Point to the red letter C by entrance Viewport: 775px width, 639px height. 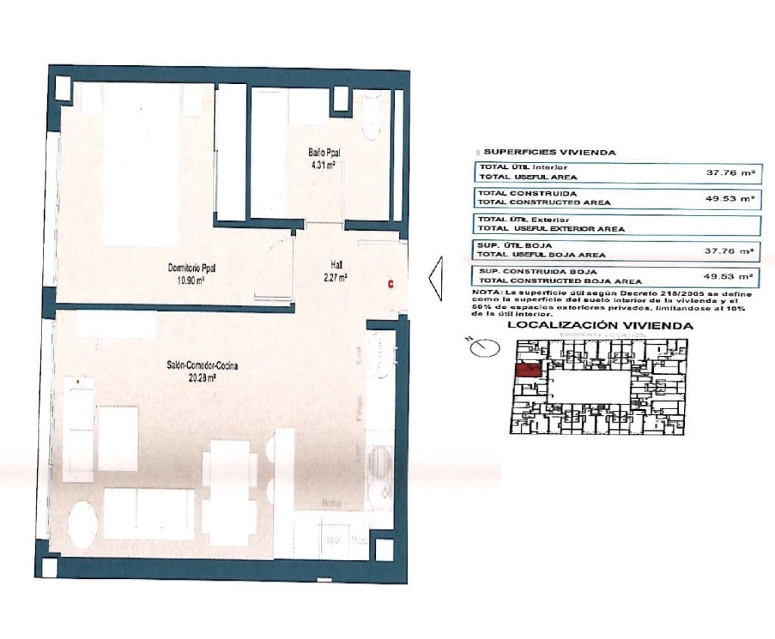click(390, 285)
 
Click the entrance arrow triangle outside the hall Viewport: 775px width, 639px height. click(435, 279)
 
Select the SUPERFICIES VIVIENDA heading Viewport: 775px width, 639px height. click(549, 152)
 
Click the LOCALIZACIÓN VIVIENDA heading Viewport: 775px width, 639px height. click(600, 326)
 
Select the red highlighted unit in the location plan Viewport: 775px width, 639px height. click(528, 370)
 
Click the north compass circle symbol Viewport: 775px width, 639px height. click(484, 348)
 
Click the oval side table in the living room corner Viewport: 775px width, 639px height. click(82, 522)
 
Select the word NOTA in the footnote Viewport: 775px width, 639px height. click(484, 292)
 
